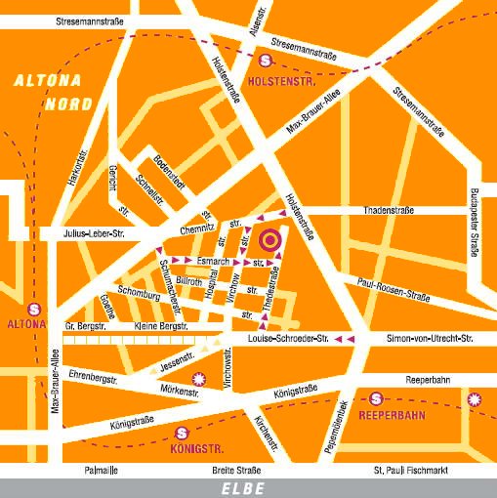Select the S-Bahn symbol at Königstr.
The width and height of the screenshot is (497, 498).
[181, 434]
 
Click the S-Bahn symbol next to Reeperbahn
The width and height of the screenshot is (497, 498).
[376, 398]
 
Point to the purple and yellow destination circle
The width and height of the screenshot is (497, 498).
[270, 238]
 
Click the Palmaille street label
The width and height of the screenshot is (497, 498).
[102, 470]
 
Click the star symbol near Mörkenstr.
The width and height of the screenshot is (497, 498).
[199, 377]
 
